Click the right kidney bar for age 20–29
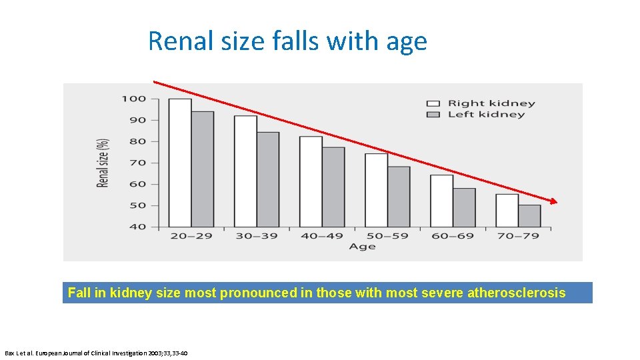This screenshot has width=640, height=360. coord(180,163)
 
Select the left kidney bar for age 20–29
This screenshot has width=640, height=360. coord(203,169)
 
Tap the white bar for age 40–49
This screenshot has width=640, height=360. coord(311,181)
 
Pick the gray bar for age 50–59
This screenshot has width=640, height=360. coord(399,197)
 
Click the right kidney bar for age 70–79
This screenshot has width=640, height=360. coord(507,211)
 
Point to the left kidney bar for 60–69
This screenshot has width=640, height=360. coord(464,207)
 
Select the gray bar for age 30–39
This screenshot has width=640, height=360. coord(268,179)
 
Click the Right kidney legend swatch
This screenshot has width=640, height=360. coord(433,103)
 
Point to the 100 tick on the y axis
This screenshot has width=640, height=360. coord(133,99)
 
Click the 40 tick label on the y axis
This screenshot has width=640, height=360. coord(137,227)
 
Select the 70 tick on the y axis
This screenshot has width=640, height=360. coord(137,163)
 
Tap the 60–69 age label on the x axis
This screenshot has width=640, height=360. coord(453,236)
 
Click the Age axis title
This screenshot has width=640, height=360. coord(362,247)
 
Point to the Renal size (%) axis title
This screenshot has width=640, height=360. coord(103,163)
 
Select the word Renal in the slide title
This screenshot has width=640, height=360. coord(175,41)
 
